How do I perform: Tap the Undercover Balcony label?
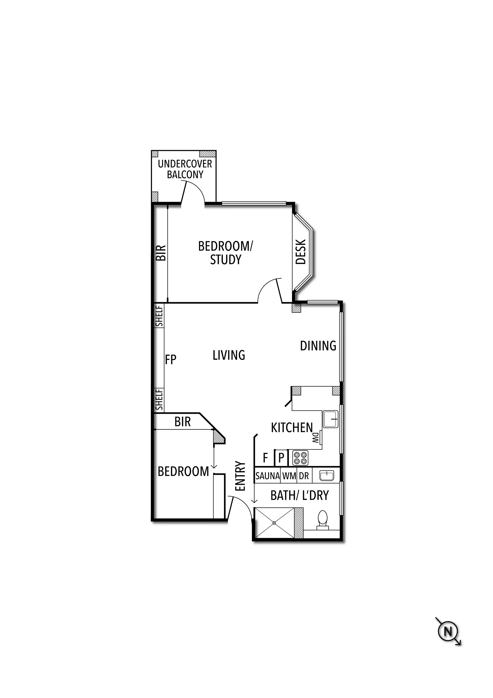185,169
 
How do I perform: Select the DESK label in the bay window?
301,252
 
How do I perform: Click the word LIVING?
229,355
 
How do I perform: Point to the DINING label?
318,346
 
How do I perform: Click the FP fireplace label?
171,359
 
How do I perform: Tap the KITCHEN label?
292,427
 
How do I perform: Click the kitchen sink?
330,419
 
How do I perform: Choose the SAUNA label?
268,476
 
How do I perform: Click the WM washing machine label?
289,476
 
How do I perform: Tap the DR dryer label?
304,476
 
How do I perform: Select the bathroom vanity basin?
327,475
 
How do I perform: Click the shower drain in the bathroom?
274,523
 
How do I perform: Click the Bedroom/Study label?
225,253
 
